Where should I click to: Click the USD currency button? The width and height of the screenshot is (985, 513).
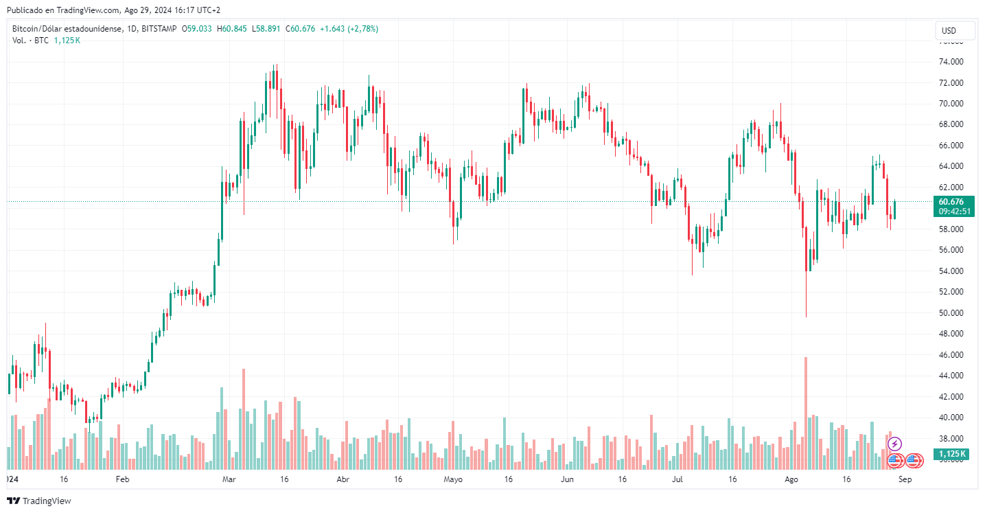(955, 31)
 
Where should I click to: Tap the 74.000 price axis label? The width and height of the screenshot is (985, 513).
(953, 62)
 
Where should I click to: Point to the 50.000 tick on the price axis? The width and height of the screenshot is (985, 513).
(953, 313)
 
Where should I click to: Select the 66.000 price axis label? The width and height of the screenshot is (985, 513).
(953, 146)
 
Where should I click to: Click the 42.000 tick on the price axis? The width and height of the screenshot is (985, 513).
(953, 397)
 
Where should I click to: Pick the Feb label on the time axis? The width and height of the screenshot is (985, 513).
(122, 479)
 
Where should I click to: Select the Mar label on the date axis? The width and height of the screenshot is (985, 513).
(230, 479)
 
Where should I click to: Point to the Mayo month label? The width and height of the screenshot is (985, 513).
(453, 479)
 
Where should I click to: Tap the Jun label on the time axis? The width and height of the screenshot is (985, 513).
(567, 479)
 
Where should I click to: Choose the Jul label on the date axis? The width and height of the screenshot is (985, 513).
(677, 479)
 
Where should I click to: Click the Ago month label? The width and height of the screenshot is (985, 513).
(791, 479)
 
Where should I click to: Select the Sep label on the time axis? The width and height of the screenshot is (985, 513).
(905, 479)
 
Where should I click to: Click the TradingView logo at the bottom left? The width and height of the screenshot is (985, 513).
(39, 501)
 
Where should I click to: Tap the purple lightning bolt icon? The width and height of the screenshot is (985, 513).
(894, 444)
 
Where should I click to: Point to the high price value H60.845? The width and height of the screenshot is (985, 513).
(233, 29)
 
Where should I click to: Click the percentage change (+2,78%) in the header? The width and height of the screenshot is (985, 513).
(362, 29)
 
